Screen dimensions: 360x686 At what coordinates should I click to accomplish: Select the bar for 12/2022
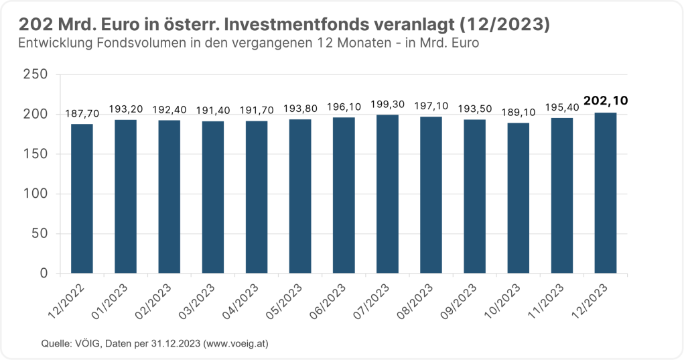(x=82, y=199)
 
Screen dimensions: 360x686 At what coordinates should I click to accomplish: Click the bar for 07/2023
(x=387, y=194)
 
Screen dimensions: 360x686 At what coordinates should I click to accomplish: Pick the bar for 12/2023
(x=606, y=193)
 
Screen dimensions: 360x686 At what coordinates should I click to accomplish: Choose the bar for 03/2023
(x=212, y=198)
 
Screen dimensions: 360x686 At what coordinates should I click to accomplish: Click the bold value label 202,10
(x=606, y=101)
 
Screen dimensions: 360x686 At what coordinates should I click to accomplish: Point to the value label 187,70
(x=82, y=113)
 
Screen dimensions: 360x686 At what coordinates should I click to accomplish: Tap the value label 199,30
(x=387, y=104)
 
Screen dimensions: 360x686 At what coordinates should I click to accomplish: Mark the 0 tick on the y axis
(x=44, y=274)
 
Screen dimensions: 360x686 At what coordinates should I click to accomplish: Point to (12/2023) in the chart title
(x=505, y=25)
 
